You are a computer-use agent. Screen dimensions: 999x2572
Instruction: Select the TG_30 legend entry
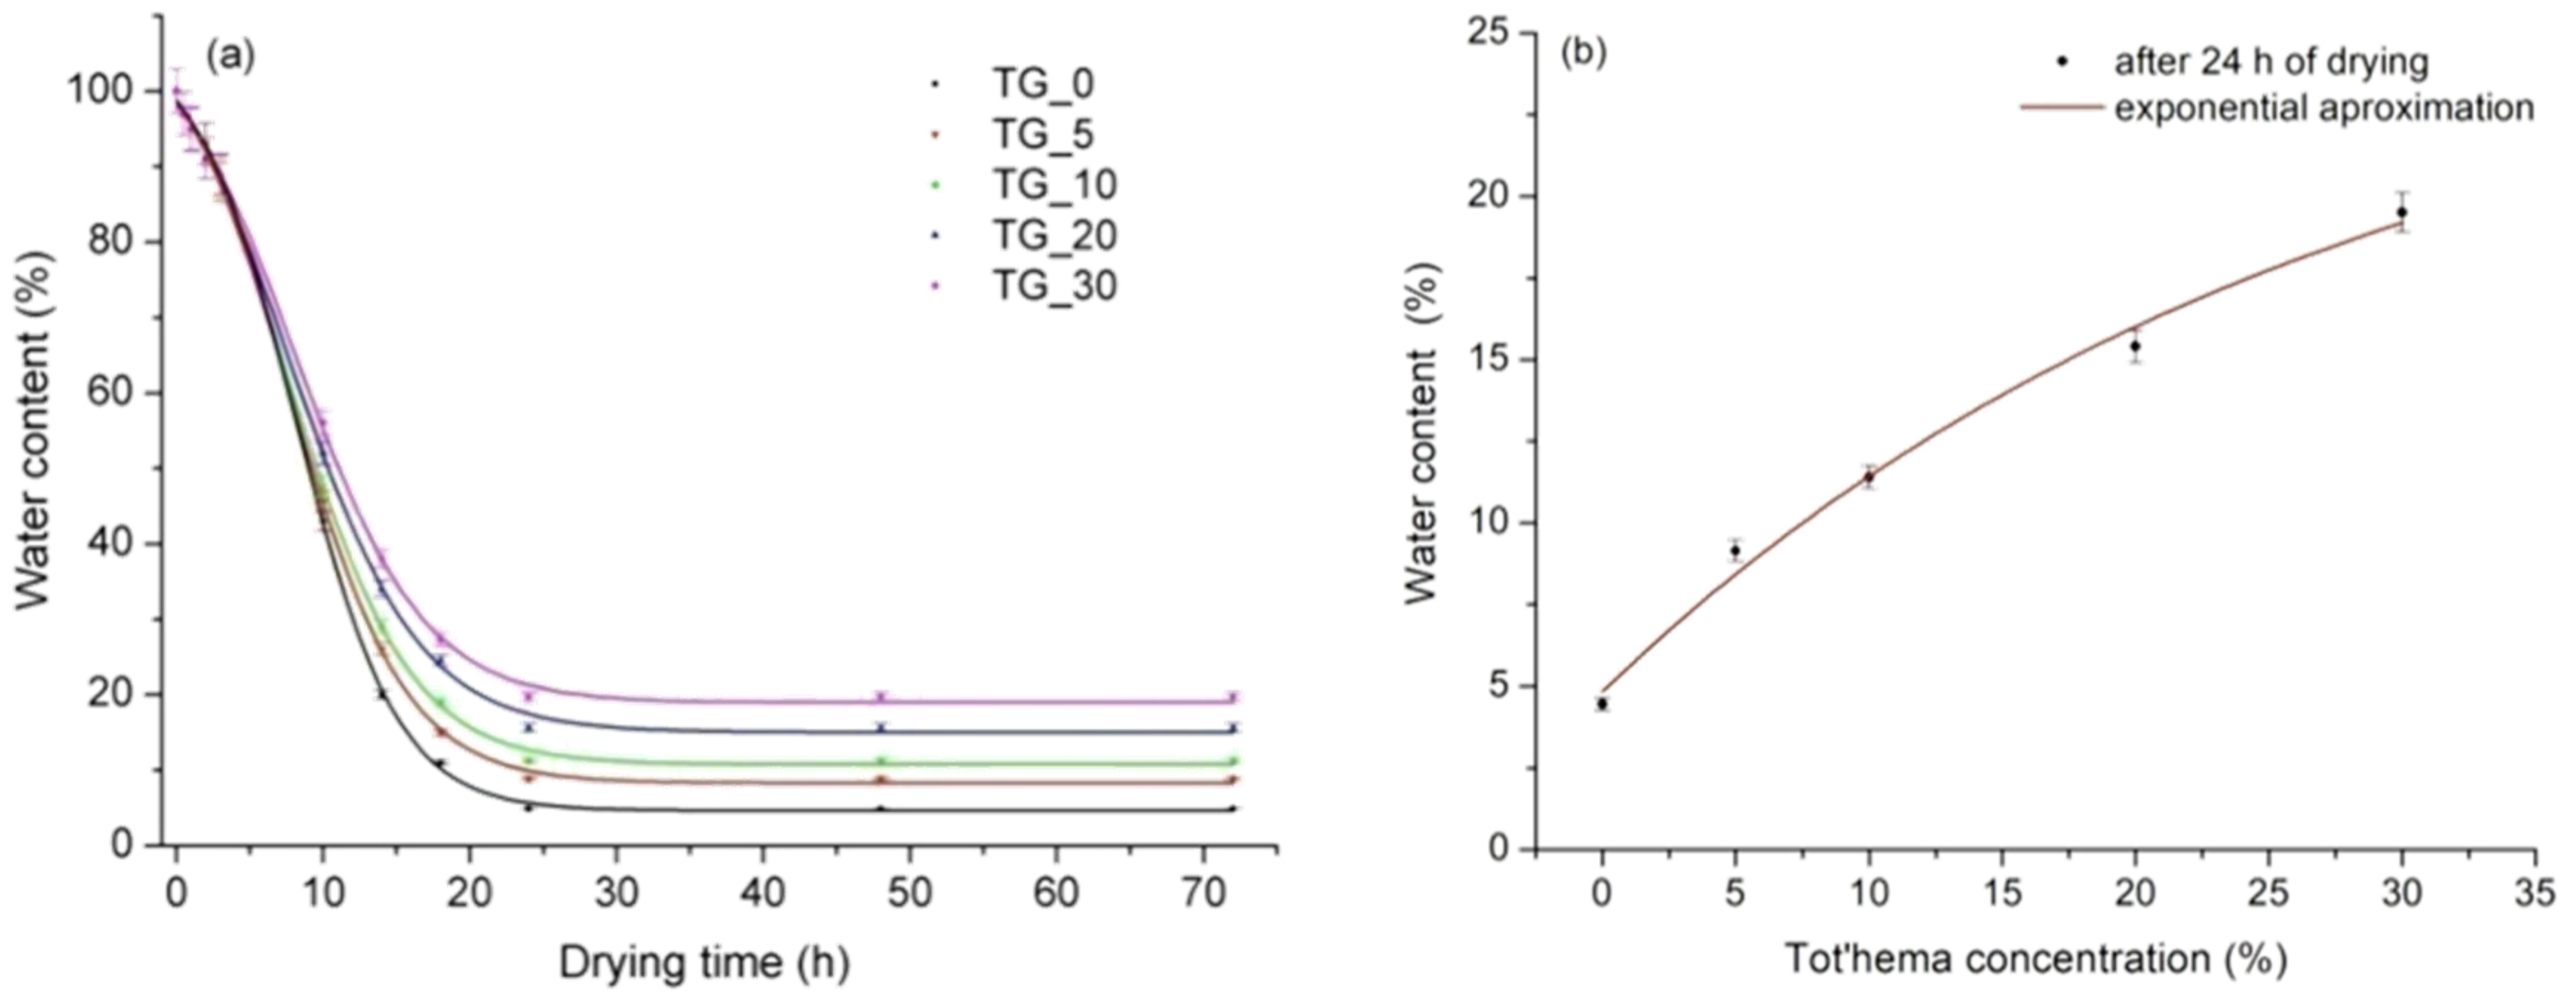(x=1053, y=286)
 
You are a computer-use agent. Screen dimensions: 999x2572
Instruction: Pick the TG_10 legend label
(x=1053, y=185)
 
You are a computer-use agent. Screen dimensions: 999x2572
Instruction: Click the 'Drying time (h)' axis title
(x=704, y=964)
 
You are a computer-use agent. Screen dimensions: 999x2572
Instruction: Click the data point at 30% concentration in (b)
(x=2402, y=211)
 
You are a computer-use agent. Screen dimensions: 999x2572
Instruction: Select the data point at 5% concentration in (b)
(x=1735, y=550)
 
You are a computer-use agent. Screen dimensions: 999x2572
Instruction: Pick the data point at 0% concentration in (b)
(x=1603, y=704)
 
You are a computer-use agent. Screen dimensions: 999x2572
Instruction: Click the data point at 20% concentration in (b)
(x=2136, y=346)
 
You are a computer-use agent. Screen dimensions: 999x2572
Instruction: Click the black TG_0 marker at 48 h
(x=880, y=809)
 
